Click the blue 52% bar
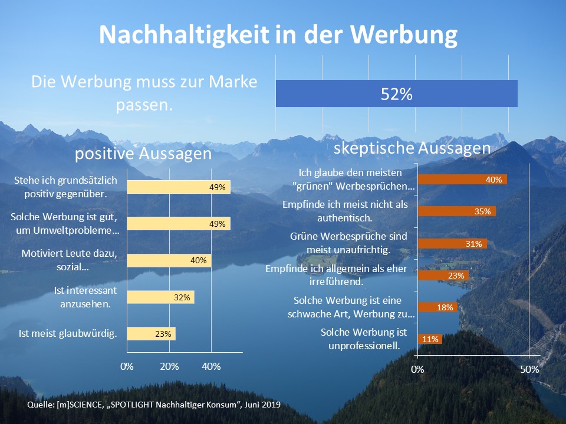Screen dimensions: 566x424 coord(396,94)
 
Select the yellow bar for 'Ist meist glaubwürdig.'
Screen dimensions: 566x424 coord(152,333)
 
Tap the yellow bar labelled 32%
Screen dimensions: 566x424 coord(160,297)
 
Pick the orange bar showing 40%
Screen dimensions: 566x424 coord(462,179)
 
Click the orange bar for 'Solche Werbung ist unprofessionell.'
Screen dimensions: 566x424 coord(430,339)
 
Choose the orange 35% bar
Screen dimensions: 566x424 coord(457,211)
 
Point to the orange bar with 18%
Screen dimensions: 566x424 coord(438,307)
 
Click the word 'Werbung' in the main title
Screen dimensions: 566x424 coord(403,35)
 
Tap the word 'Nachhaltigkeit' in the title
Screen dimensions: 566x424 coord(184,34)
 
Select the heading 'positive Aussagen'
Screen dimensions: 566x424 coord(143,154)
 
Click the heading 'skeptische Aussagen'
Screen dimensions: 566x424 coord(412,148)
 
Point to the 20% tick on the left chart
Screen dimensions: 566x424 coord(169,367)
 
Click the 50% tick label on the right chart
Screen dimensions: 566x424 coord(529,370)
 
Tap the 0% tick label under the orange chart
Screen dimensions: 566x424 coord(417,370)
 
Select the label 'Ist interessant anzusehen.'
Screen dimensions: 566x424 coord(85,297)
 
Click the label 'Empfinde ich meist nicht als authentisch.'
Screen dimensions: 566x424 coord(345,211)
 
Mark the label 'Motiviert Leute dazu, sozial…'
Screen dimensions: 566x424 coord(70,260)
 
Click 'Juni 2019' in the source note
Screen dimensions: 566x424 coord(262,405)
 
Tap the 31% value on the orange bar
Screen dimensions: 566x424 coord(474,244)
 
